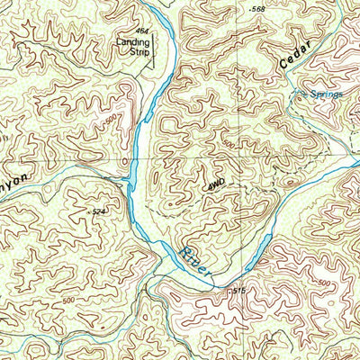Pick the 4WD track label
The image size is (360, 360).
[x=216, y=184]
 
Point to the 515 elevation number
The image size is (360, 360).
[x=238, y=290]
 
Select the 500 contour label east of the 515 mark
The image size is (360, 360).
[x=323, y=285]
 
